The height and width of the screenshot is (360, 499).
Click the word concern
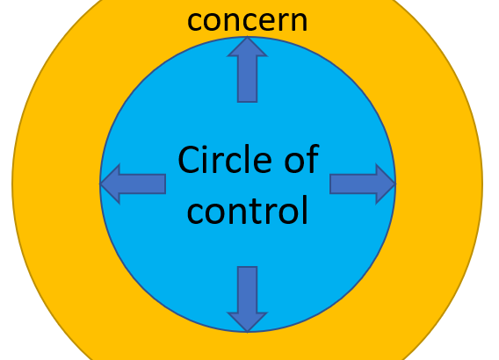(247, 21)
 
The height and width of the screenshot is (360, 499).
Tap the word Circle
(225, 159)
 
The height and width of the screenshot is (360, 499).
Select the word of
(301, 159)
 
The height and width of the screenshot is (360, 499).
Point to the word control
(247, 209)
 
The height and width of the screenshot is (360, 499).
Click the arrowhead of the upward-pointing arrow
(247, 47)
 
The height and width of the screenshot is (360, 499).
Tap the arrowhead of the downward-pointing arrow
(247, 322)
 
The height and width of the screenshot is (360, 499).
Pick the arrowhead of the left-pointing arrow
(110, 184)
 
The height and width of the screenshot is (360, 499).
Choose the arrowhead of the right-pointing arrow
(386, 184)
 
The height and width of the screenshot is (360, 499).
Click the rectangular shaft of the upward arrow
(247, 80)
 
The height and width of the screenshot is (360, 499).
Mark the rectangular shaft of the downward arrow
(247, 290)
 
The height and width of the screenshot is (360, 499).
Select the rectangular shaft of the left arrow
(142, 184)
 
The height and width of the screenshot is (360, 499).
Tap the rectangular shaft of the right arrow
(353, 184)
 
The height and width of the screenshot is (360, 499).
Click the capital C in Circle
(188, 159)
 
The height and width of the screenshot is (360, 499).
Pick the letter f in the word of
(313, 158)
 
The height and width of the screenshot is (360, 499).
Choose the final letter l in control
(306, 209)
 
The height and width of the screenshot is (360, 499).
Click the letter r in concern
(279, 22)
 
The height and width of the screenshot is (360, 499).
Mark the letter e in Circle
(262, 162)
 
